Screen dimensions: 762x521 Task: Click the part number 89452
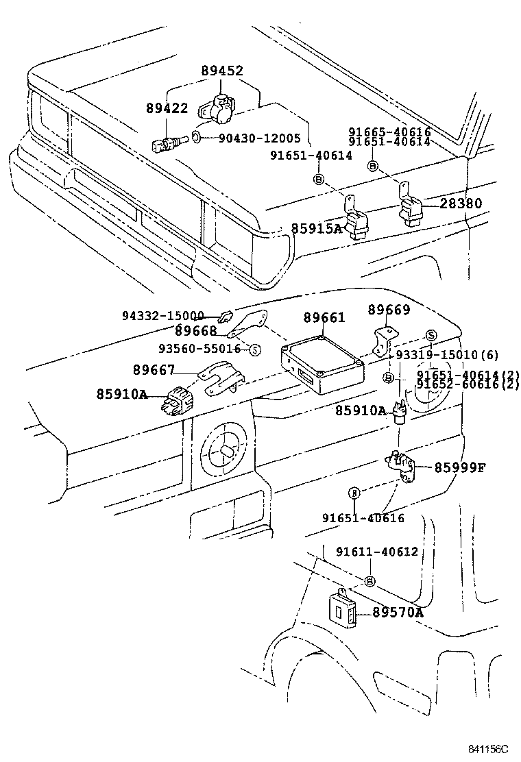222,71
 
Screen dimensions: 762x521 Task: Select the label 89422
167,108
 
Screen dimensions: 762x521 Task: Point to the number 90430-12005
260,138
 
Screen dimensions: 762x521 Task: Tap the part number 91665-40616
389,132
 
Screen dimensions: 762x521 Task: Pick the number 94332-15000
163,316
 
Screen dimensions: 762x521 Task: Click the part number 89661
324,317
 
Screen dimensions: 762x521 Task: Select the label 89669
389,310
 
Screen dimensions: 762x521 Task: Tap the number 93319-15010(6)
447,354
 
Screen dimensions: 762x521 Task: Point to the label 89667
154,371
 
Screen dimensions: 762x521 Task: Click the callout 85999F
459,468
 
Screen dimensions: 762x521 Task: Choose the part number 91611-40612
376,552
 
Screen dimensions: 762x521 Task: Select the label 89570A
398,613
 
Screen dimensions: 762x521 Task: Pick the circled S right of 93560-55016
254,349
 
